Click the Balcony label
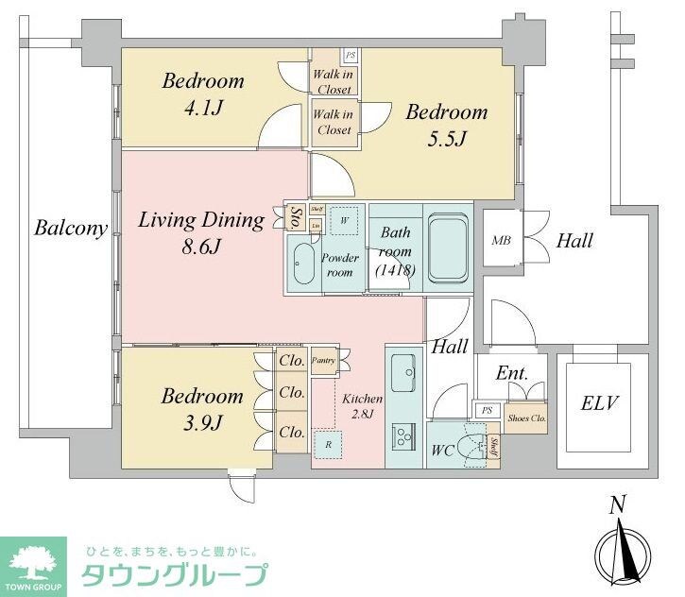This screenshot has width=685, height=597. tap(71, 228)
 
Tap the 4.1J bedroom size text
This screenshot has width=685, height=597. tap(204, 109)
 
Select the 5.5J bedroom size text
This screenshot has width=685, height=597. tap(448, 140)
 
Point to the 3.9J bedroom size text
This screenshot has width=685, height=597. tap(203, 423)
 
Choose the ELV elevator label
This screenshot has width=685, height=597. tap(599, 404)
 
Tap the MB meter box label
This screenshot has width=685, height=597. tap(501, 241)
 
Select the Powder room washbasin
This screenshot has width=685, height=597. tap(304, 262)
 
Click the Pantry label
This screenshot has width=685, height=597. tap(323, 361)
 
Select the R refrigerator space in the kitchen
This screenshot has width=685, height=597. tap(327, 443)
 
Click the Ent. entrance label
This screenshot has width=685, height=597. tap(511, 373)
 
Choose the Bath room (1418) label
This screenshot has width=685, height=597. tap(394, 251)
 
